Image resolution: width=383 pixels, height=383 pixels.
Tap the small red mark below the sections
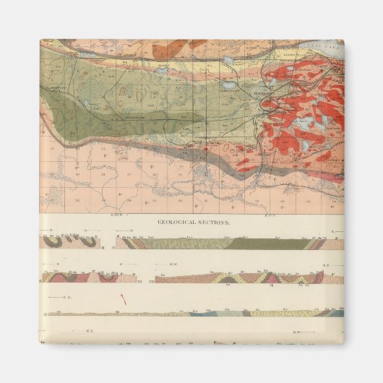[124, 297]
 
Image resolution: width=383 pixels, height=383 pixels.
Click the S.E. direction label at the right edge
[326, 266]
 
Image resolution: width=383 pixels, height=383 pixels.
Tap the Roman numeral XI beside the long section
[45, 314]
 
